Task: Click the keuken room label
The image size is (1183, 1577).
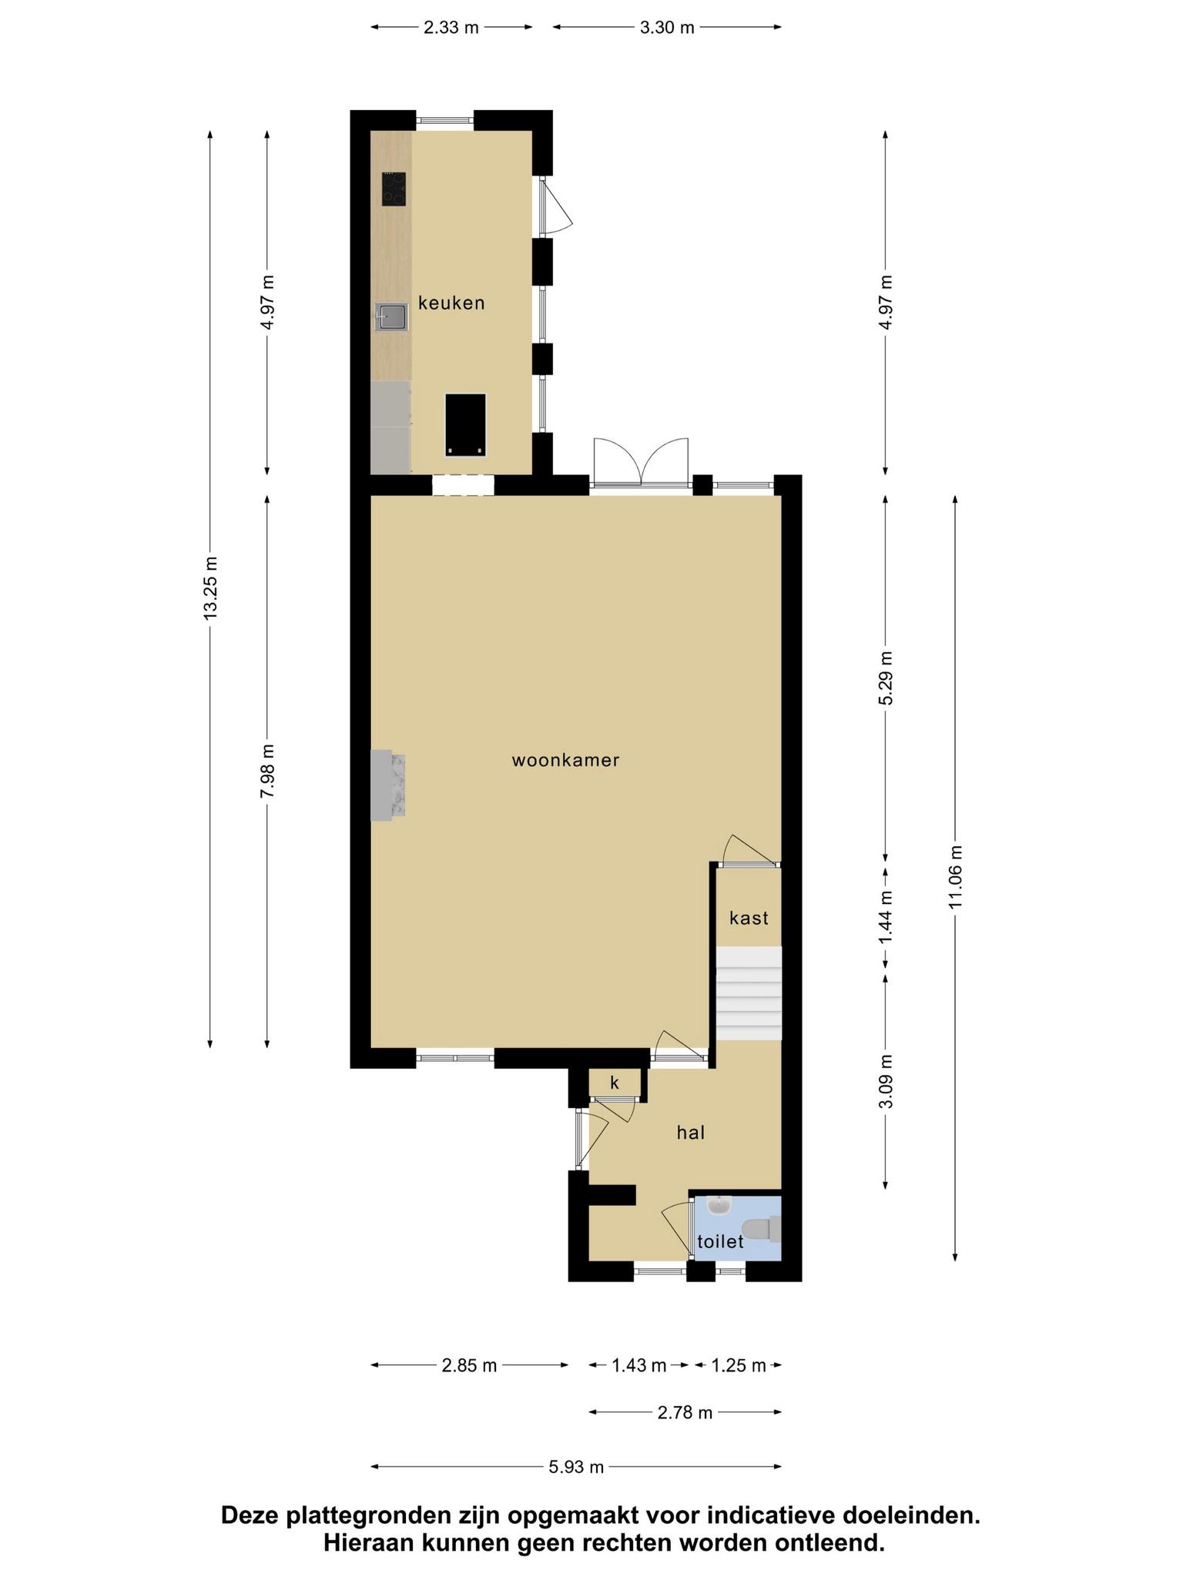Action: pyautogui.click(x=451, y=303)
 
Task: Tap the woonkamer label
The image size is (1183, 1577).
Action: pyautogui.click(x=566, y=761)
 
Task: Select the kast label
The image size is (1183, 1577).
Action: pyautogui.click(x=749, y=918)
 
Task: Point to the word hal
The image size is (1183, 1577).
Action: pyautogui.click(x=691, y=1132)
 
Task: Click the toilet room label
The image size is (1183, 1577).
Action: pyautogui.click(x=720, y=1241)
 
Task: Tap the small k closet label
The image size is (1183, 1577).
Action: pyautogui.click(x=615, y=1083)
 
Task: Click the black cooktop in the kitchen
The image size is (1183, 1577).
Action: pyautogui.click(x=394, y=189)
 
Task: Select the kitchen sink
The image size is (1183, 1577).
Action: pyautogui.click(x=392, y=317)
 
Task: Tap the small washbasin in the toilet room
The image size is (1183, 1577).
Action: pyautogui.click(x=719, y=1204)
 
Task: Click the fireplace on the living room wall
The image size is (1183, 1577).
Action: pyautogui.click(x=388, y=785)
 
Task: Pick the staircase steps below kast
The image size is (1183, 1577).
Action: pyautogui.click(x=749, y=993)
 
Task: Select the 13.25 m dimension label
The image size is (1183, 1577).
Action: pyautogui.click(x=210, y=588)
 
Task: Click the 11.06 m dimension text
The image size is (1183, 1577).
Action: pyautogui.click(x=956, y=877)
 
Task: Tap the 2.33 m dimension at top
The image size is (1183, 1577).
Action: pyautogui.click(x=451, y=28)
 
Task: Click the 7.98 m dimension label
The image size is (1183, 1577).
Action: pyautogui.click(x=267, y=772)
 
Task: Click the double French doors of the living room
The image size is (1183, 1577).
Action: pyautogui.click(x=640, y=462)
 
